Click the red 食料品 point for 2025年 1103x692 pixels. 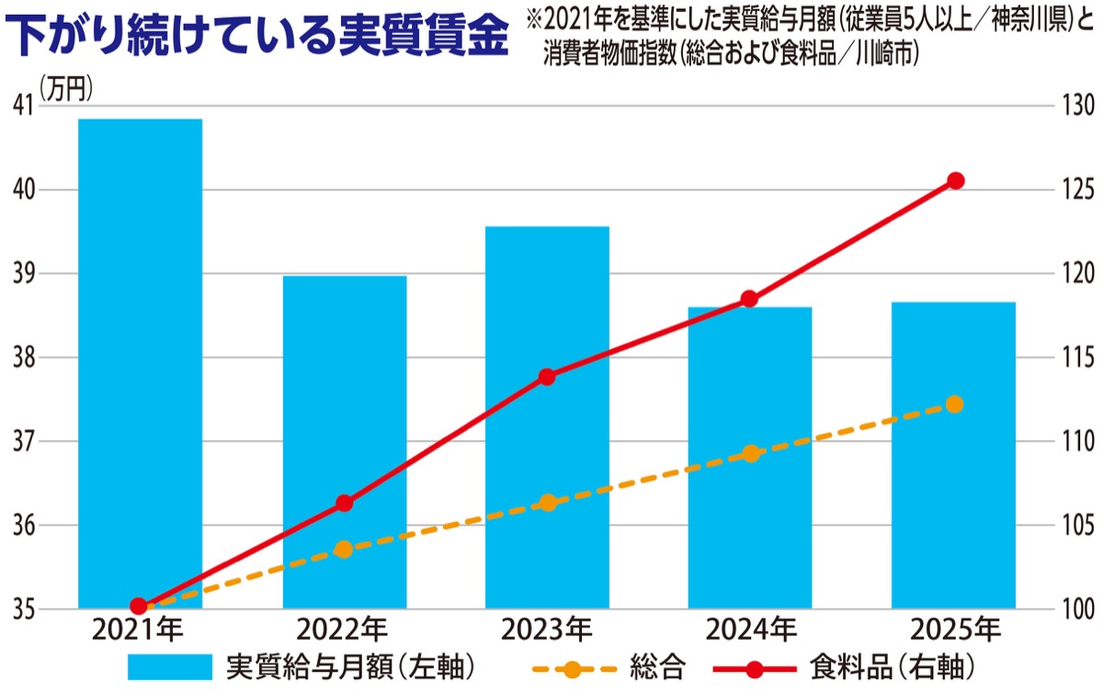click(955, 181)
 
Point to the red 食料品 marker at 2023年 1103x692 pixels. click(547, 377)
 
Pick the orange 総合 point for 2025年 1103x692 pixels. click(954, 404)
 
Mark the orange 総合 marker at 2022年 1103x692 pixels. click(344, 550)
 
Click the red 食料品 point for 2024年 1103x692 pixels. click(749, 299)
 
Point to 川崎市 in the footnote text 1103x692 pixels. click(883, 57)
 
